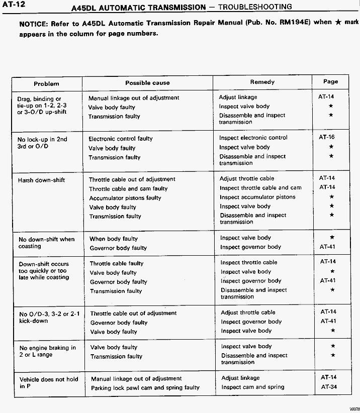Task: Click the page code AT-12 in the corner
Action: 15,5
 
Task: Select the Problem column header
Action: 46,84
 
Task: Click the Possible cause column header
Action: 147,83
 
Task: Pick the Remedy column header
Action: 262,82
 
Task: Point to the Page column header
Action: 331,81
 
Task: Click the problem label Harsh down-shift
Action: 42,180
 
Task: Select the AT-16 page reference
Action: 327,137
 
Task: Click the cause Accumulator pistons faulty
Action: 125,198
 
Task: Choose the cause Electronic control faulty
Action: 121,139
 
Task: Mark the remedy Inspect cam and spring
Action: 253,387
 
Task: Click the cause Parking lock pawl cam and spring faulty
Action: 145,388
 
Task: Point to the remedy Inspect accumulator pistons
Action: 258,197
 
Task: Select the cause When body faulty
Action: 113,239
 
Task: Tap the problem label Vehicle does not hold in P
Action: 48,383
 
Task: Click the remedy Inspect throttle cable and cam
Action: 260,188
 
